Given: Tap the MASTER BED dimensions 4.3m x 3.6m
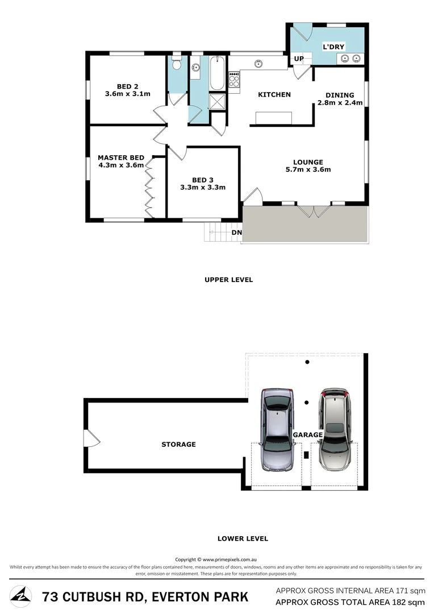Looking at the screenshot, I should click(120, 165).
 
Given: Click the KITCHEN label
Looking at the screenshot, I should click(274, 95).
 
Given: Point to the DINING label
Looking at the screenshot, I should click(340, 95).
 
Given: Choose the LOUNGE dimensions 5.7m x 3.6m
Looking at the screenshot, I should click(308, 169).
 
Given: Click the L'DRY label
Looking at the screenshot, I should click(333, 47).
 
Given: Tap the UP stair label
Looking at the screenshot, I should click(299, 59).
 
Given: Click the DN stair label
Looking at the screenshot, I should click(236, 233).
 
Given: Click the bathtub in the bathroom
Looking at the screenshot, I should click(217, 74).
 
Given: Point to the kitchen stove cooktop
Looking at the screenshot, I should click(233, 80).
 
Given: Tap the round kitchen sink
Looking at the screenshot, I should click(260, 63).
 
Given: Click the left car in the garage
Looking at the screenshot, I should click(278, 429).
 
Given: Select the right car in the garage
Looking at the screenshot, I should click(336, 429).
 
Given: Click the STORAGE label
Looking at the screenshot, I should click(178, 444).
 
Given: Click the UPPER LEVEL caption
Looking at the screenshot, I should click(228, 280).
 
